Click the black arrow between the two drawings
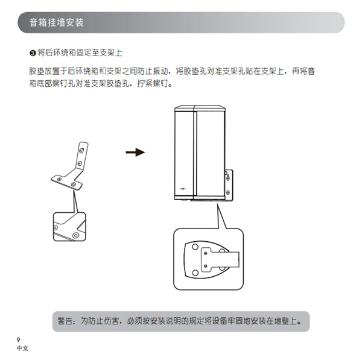[135, 153]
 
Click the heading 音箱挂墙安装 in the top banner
[57, 24]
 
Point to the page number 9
[19, 338]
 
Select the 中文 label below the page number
[22, 348]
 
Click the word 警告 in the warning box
[65, 320]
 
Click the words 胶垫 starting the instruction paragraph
[36, 71]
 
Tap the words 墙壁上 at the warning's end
[291, 320]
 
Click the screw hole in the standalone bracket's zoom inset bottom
[75, 233]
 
